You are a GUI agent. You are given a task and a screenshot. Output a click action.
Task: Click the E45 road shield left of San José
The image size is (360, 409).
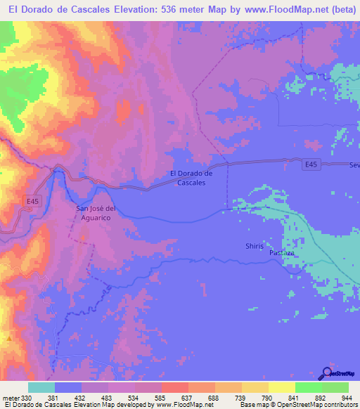coord(32,201)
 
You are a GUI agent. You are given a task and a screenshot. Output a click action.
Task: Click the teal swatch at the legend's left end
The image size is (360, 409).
coord(41,387)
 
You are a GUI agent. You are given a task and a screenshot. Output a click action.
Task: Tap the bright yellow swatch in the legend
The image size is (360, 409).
coord(282,387)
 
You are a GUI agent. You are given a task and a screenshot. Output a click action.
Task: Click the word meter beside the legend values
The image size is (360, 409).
coord(10,398)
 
